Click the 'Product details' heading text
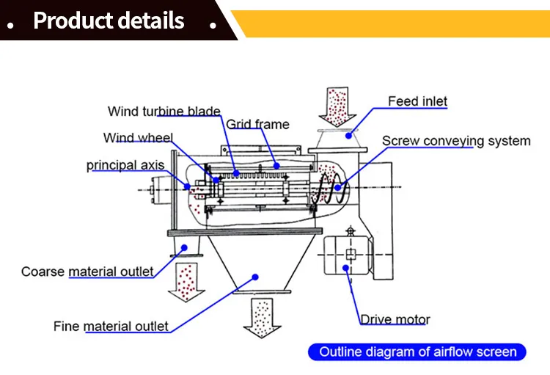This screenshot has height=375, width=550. (x=109, y=21)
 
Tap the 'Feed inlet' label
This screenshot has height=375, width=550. (x=417, y=101)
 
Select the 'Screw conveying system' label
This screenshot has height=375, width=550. (x=455, y=141)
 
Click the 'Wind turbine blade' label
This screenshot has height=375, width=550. (x=164, y=112)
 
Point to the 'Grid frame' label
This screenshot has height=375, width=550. (x=257, y=124)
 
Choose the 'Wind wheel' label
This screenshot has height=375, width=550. (x=138, y=138)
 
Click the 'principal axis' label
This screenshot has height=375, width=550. (x=125, y=165)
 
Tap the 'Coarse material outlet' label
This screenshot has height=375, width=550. (x=87, y=272)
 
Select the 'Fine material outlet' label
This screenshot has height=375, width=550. (x=111, y=326)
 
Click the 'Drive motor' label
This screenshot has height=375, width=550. (x=395, y=319)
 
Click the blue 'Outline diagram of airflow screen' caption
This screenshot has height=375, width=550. (x=417, y=352)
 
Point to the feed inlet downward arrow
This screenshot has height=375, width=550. (x=337, y=106)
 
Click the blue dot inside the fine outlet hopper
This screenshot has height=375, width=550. (x=256, y=277)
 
